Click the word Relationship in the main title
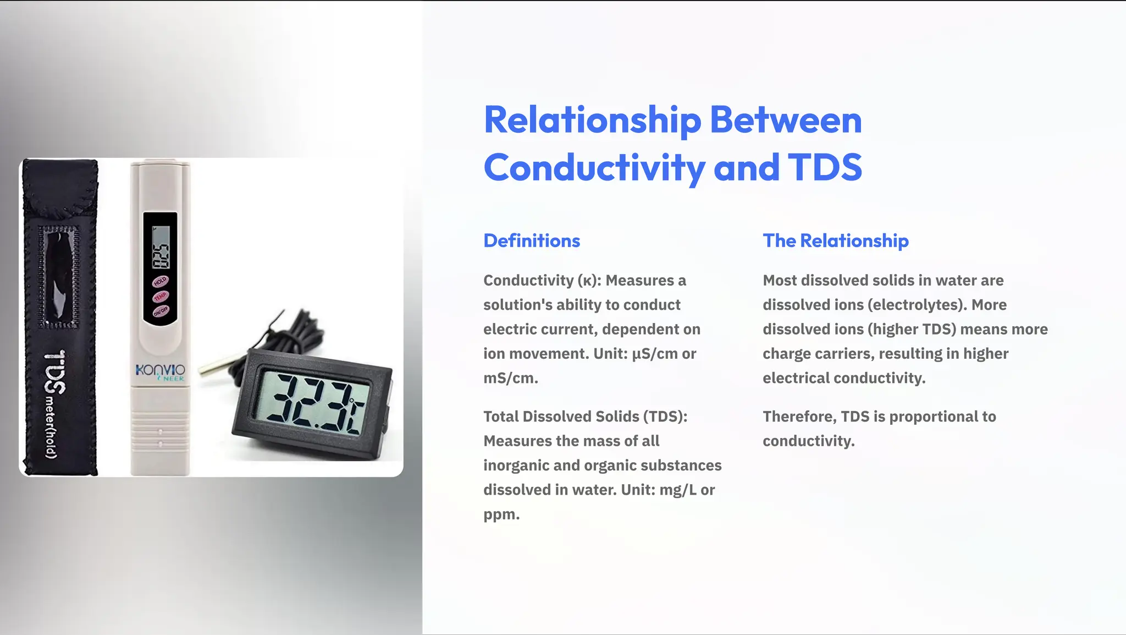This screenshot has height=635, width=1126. pos(592,121)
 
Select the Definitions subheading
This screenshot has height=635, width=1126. pos(532,240)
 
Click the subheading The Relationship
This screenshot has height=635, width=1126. pos(835,240)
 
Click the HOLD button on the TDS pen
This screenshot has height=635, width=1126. pos(160,282)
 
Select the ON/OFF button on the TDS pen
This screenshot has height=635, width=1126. pos(160,311)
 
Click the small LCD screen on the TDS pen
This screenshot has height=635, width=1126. pos(161,247)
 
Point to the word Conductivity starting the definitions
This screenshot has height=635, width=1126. pos(528,281)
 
